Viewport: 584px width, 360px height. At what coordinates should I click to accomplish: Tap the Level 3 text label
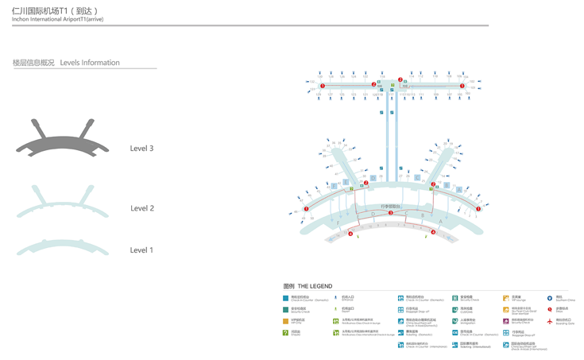pyautogui.click(x=141, y=149)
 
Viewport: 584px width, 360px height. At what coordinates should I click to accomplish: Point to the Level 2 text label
pyautogui.click(x=141, y=208)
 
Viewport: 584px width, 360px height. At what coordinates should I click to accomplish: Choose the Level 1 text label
pyautogui.click(x=141, y=250)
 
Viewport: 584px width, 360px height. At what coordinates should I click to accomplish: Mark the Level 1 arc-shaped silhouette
pyautogui.click(x=62, y=246)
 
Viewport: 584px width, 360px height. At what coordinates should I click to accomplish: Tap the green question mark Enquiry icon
pyautogui.click(x=286, y=333)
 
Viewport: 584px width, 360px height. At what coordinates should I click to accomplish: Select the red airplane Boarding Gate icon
pyautogui.click(x=549, y=321)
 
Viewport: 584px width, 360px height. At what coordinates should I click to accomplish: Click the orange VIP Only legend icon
pyautogui.click(x=286, y=321)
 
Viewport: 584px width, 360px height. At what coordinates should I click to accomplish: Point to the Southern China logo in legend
pyautogui.click(x=549, y=298)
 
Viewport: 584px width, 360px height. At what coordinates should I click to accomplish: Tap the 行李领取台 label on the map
pyautogui.click(x=391, y=206)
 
